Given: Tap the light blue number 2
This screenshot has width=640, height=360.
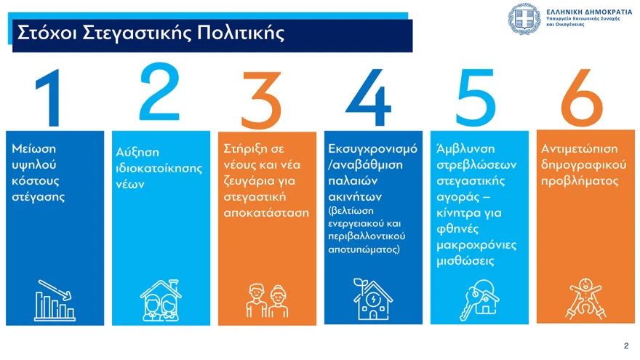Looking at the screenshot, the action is [159, 92].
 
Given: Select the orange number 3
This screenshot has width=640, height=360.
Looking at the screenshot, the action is [261, 100].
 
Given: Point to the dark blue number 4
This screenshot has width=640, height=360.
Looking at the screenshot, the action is [369, 97].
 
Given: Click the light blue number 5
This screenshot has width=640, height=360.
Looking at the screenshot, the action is [476, 97].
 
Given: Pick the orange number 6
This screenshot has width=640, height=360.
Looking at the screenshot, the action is [582, 97].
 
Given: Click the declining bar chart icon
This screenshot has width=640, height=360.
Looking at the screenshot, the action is [55, 300].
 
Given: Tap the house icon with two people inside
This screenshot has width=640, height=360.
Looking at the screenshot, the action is [161, 300].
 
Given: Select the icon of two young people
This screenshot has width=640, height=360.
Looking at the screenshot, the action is [268, 301].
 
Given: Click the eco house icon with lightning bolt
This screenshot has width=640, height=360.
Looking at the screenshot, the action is [372, 299].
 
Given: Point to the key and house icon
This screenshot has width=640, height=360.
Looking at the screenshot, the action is [479, 300].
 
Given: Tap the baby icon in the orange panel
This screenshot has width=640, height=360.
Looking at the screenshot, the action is [585, 299].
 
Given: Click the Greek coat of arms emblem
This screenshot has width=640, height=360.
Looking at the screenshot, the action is [524, 19].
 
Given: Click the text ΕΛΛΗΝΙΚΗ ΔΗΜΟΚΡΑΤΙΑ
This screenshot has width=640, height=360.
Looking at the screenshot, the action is [589, 12].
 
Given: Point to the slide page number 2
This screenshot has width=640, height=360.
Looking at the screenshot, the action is [626, 346].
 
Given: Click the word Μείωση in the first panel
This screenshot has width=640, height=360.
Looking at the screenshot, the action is [34, 148].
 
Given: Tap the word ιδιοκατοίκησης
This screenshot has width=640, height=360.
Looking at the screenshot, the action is [159, 169].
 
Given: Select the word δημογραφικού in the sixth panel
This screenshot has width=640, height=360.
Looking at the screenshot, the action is [584, 165].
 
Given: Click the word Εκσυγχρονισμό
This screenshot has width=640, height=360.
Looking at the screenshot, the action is [372, 149].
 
